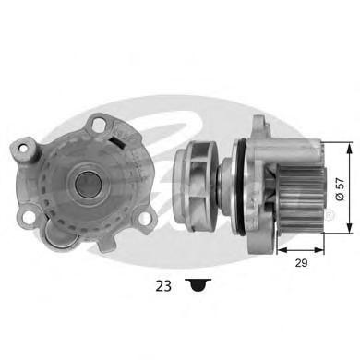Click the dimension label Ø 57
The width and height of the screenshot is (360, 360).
coord(340,188)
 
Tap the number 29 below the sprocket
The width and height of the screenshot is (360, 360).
coord(301,263)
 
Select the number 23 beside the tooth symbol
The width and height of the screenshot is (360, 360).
coord(163,286)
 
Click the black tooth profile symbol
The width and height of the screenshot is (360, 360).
coord(198,285)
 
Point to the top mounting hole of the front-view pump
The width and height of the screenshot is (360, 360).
coord(99,124)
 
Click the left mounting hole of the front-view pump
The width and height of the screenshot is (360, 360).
coord(23,149)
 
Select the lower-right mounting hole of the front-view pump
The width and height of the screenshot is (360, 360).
coord(145,218)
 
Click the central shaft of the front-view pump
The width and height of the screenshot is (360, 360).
coord(88,184)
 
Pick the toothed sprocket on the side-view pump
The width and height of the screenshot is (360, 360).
coord(299,198)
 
